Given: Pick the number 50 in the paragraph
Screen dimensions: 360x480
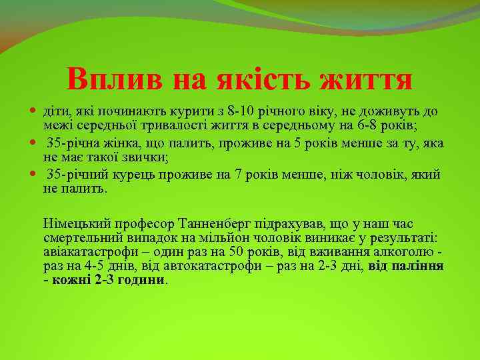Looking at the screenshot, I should click(235, 252).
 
